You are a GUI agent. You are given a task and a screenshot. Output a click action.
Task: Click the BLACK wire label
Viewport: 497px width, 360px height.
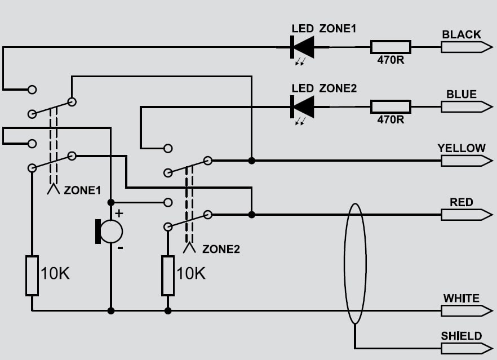coord(461,34)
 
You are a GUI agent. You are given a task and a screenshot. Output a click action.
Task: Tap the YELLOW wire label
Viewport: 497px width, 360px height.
coord(461,148)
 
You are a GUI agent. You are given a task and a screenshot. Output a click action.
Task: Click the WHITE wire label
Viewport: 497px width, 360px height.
coord(461,298)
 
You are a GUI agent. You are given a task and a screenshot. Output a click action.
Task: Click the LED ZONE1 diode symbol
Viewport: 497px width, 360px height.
coord(302,47)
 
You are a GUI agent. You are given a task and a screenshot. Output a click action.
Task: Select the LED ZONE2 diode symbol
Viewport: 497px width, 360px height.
coord(302,106)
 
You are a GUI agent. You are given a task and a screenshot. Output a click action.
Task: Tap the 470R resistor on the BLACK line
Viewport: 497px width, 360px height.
coord(390,47)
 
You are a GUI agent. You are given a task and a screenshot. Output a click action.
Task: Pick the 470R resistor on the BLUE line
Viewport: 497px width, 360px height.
coord(390,106)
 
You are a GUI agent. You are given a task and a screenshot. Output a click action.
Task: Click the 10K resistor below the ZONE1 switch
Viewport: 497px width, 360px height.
coord(32,275)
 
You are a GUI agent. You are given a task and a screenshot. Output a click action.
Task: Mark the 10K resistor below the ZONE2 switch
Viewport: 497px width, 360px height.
coord(168,275)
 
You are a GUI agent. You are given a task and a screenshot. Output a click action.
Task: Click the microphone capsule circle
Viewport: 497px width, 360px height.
coord(111,232)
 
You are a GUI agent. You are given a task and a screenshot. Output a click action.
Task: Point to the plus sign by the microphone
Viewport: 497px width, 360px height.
coord(119,213)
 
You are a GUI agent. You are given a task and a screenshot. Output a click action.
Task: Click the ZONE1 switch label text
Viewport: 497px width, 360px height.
coord(82,190)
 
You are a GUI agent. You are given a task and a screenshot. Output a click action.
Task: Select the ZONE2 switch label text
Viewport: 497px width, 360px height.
coord(221,248)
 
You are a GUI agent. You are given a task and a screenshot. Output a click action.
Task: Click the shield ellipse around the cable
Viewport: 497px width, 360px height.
coord(345,263)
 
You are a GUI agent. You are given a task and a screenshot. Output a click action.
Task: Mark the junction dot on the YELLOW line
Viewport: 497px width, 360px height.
coord(251,161)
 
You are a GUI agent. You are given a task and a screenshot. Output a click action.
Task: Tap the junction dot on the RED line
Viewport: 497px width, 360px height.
coord(251,214)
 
